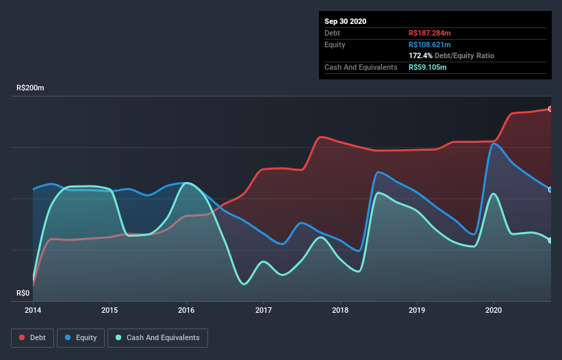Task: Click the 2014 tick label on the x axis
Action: (x=33, y=310)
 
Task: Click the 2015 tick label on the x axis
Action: (x=110, y=310)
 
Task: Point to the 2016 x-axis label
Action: (x=186, y=310)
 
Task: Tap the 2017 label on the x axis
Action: (x=264, y=310)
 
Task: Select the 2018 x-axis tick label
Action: (x=340, y=310)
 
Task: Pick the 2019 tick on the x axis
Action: (x=417, y=310)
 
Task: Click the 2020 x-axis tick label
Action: (x=494, y=310)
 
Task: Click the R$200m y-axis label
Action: (x=30, y=88)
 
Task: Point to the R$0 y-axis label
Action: (x=23, y=293)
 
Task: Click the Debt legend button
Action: (x=31, y=337)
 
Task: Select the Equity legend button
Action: (x=81, y=337)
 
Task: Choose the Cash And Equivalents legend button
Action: (x=157, y=337)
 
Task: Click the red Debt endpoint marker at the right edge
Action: (x=550, y=109)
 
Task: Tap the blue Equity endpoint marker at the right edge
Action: (x=550, y=190)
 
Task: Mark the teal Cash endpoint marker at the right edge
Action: (x=550, y=240)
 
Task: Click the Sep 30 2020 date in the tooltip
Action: (x=346, y=21)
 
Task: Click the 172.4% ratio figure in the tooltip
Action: (x=420, y=55)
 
